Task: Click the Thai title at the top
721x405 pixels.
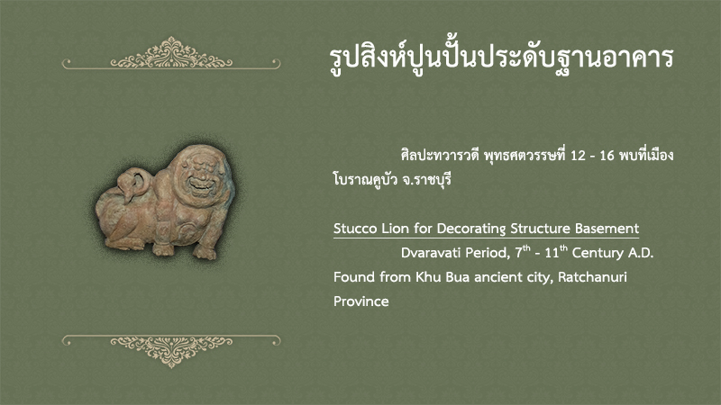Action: [501, 58]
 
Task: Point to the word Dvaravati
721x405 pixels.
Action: [431, 253]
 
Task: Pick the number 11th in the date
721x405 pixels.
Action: [555, 252]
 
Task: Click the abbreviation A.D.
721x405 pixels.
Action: [640, 253]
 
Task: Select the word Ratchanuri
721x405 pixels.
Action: [592, 277]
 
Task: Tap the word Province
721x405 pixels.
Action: [361, 301]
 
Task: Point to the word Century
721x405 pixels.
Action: [597, 253]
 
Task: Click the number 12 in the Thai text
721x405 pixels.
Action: [578, 156]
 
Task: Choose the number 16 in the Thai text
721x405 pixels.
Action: [607, 156]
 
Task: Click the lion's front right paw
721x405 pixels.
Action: [205, 252]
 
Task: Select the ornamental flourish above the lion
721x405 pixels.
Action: [171, 54]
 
